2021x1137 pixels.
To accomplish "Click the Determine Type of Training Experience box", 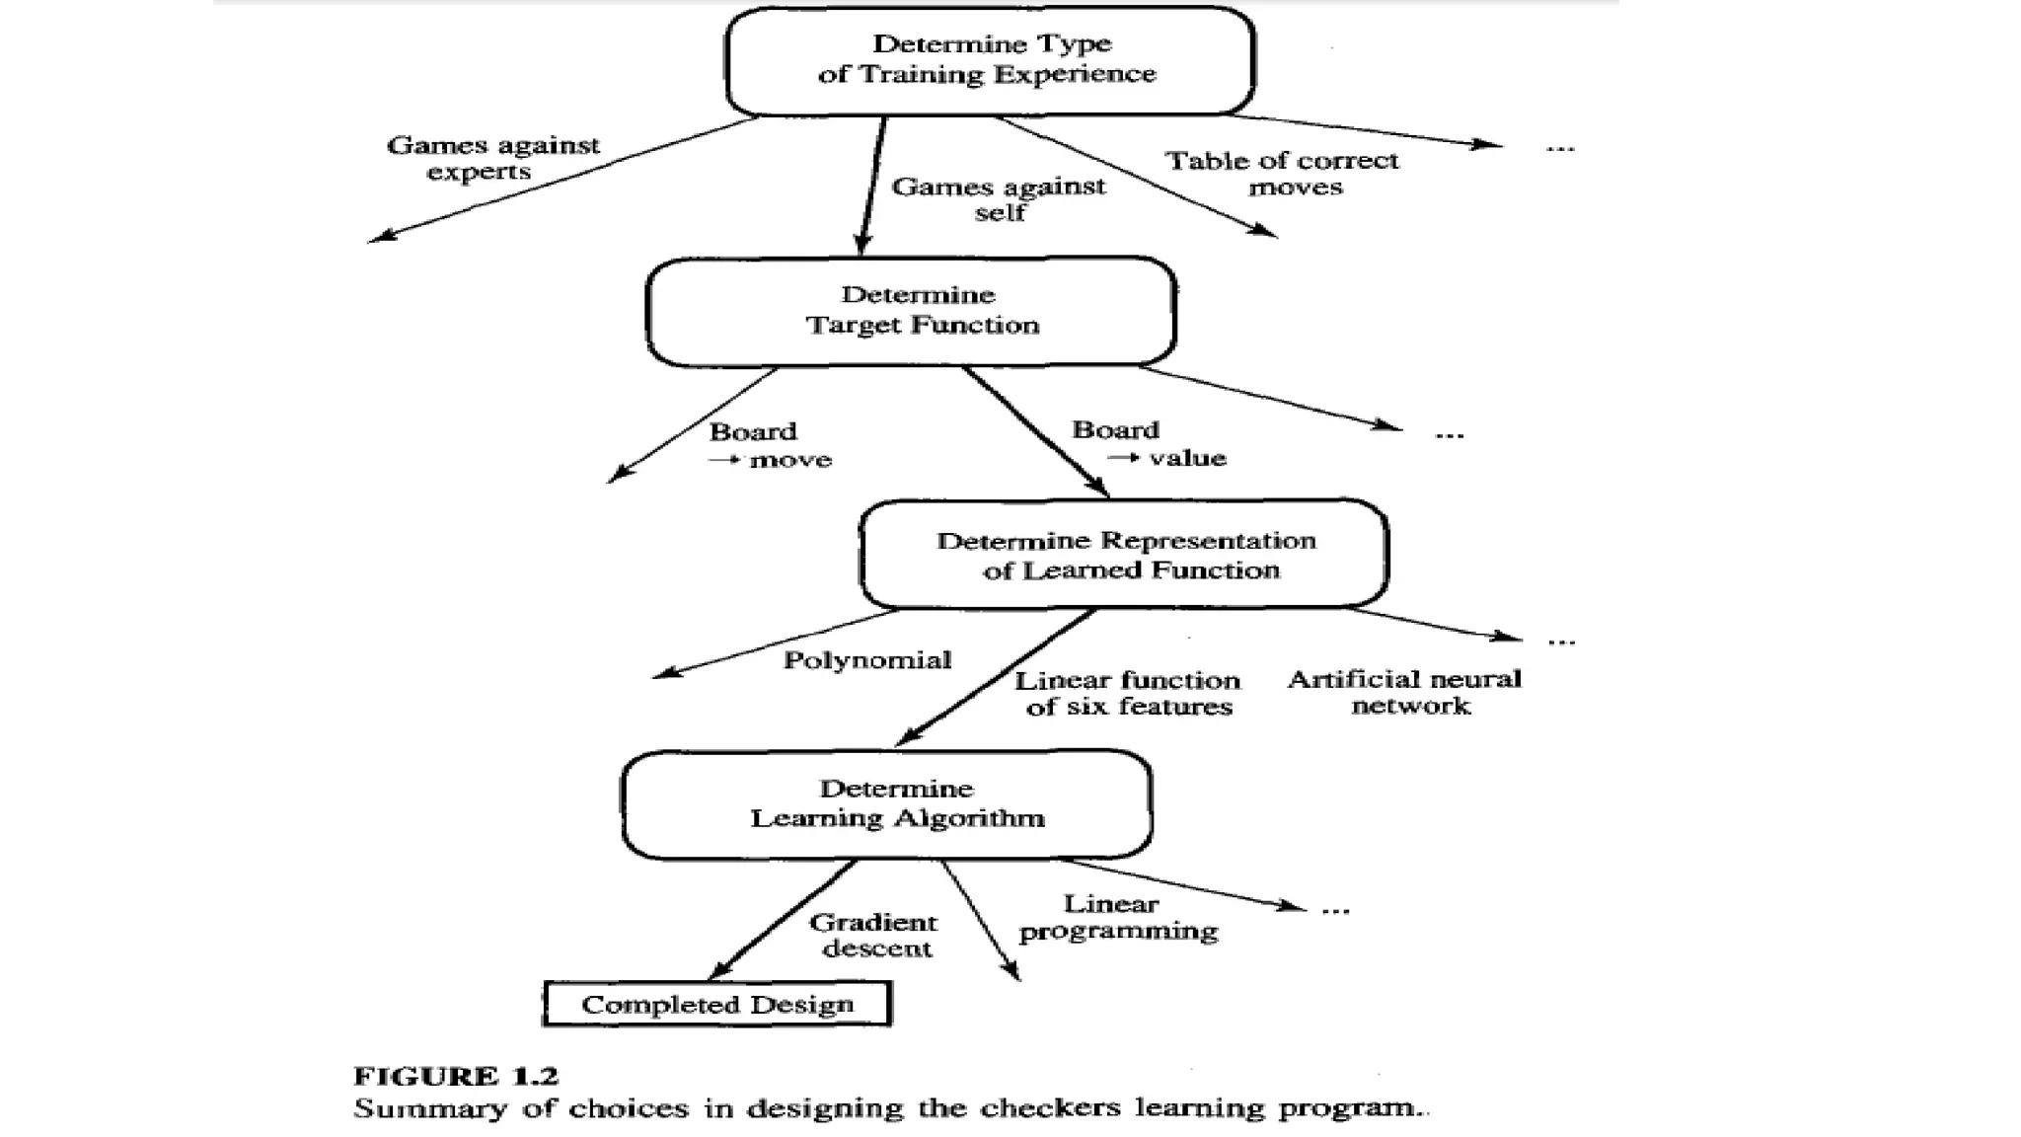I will (989, 60).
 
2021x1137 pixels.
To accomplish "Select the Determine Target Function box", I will (911, 311).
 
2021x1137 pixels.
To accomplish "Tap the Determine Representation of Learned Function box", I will (1124, 554).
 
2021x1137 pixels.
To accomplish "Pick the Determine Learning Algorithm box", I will (886, 803).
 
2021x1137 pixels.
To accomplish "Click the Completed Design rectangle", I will (717, 1004).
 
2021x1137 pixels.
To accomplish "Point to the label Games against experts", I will (492, 158).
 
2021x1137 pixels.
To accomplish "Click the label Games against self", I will (999, 199).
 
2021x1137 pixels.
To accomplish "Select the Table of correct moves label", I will (1282, 174).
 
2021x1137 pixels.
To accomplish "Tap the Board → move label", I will (770, 445).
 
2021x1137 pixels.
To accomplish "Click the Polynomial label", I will (867, 660).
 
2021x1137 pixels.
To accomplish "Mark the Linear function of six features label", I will (1128, 693).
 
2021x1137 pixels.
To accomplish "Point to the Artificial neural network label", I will (1405, 692).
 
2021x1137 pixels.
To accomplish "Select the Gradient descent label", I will (873, 935).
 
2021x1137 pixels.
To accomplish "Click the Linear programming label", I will (1118, 917).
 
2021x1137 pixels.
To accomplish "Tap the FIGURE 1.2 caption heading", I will (456, 1075).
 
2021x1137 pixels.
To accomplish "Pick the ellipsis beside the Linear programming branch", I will (1335, 910).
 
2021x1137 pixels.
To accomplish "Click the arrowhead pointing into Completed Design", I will (719, 970).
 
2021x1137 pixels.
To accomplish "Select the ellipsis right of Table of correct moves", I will (1560, 148).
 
